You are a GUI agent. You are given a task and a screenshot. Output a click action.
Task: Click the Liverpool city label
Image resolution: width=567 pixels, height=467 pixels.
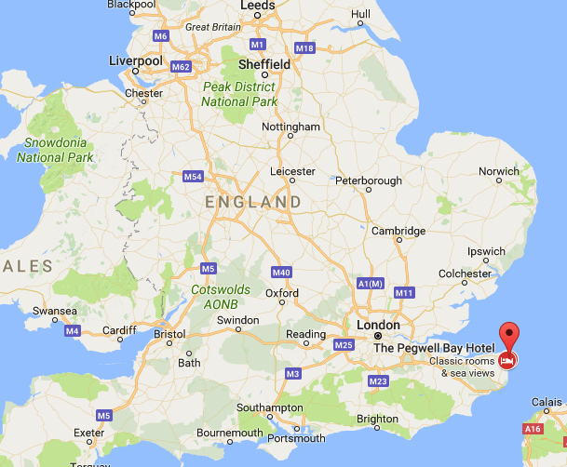coord(136,60)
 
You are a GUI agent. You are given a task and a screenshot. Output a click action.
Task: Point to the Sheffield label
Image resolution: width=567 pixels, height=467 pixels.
coord(265,64)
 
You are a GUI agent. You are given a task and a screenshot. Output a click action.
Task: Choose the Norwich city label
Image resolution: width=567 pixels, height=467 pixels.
coord(498,171)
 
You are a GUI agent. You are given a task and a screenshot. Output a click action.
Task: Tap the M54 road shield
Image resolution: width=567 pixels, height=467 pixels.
coord(194,176)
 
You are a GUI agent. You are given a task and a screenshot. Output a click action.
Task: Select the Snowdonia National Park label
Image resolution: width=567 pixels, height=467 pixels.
coord(55,150)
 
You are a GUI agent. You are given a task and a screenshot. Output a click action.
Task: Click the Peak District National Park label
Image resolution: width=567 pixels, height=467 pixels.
coord(238,94)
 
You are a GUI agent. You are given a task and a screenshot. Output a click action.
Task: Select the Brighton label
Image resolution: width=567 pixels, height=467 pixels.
coord(377,420)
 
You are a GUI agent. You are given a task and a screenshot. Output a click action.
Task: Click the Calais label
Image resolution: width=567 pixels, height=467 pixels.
coord(548,402)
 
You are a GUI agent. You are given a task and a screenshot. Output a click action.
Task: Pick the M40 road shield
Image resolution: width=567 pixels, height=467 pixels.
coord(282,273)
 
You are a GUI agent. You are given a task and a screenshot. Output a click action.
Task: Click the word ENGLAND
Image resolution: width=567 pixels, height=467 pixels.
coord(254,202)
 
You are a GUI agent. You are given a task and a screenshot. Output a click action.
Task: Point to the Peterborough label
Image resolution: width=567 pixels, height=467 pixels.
coord(369,180)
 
